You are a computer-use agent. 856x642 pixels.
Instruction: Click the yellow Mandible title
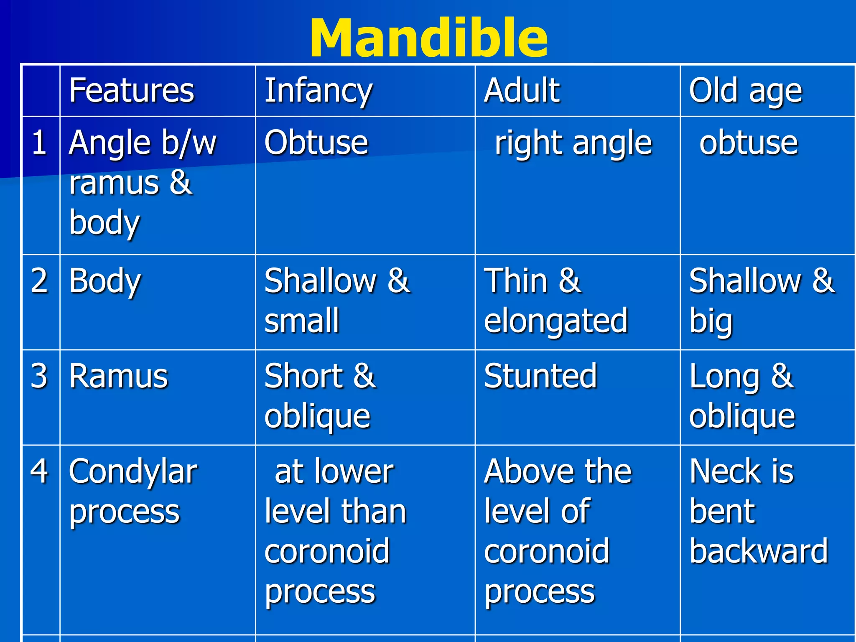428,38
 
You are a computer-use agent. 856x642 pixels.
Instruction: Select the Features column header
132,91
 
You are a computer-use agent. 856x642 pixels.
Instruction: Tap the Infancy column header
318,91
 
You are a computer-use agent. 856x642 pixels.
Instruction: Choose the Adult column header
522,91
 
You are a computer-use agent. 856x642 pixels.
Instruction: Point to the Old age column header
745,91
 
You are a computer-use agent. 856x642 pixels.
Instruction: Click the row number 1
39,143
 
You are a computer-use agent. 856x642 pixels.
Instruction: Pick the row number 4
39,471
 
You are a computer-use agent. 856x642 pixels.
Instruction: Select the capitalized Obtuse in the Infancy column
316,143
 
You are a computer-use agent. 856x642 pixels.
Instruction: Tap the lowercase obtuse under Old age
749,143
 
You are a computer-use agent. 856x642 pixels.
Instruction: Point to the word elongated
556,321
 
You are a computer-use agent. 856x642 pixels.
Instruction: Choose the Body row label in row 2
105,281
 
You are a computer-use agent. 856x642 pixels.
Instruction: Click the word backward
759,551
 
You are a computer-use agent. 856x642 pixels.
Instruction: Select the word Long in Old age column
724,377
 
